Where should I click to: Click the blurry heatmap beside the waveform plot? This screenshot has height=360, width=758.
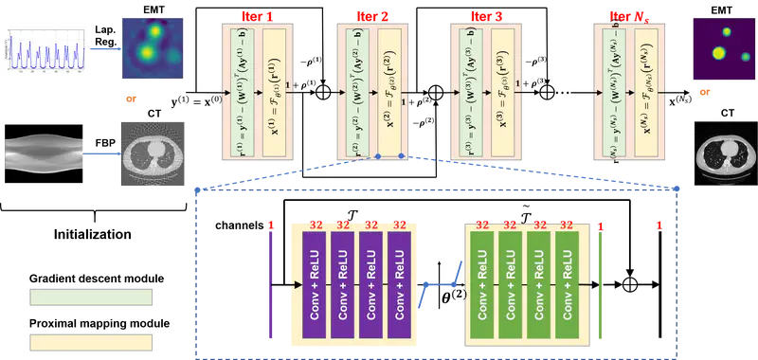(x=150, y=47)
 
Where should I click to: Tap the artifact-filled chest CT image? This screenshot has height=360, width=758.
(x=150, y=152)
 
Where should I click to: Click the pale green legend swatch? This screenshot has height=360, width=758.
(x=89, y=297)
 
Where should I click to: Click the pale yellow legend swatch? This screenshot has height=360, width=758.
(x=89, y=338)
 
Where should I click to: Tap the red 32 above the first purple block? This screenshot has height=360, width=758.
(x=315, y=225)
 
